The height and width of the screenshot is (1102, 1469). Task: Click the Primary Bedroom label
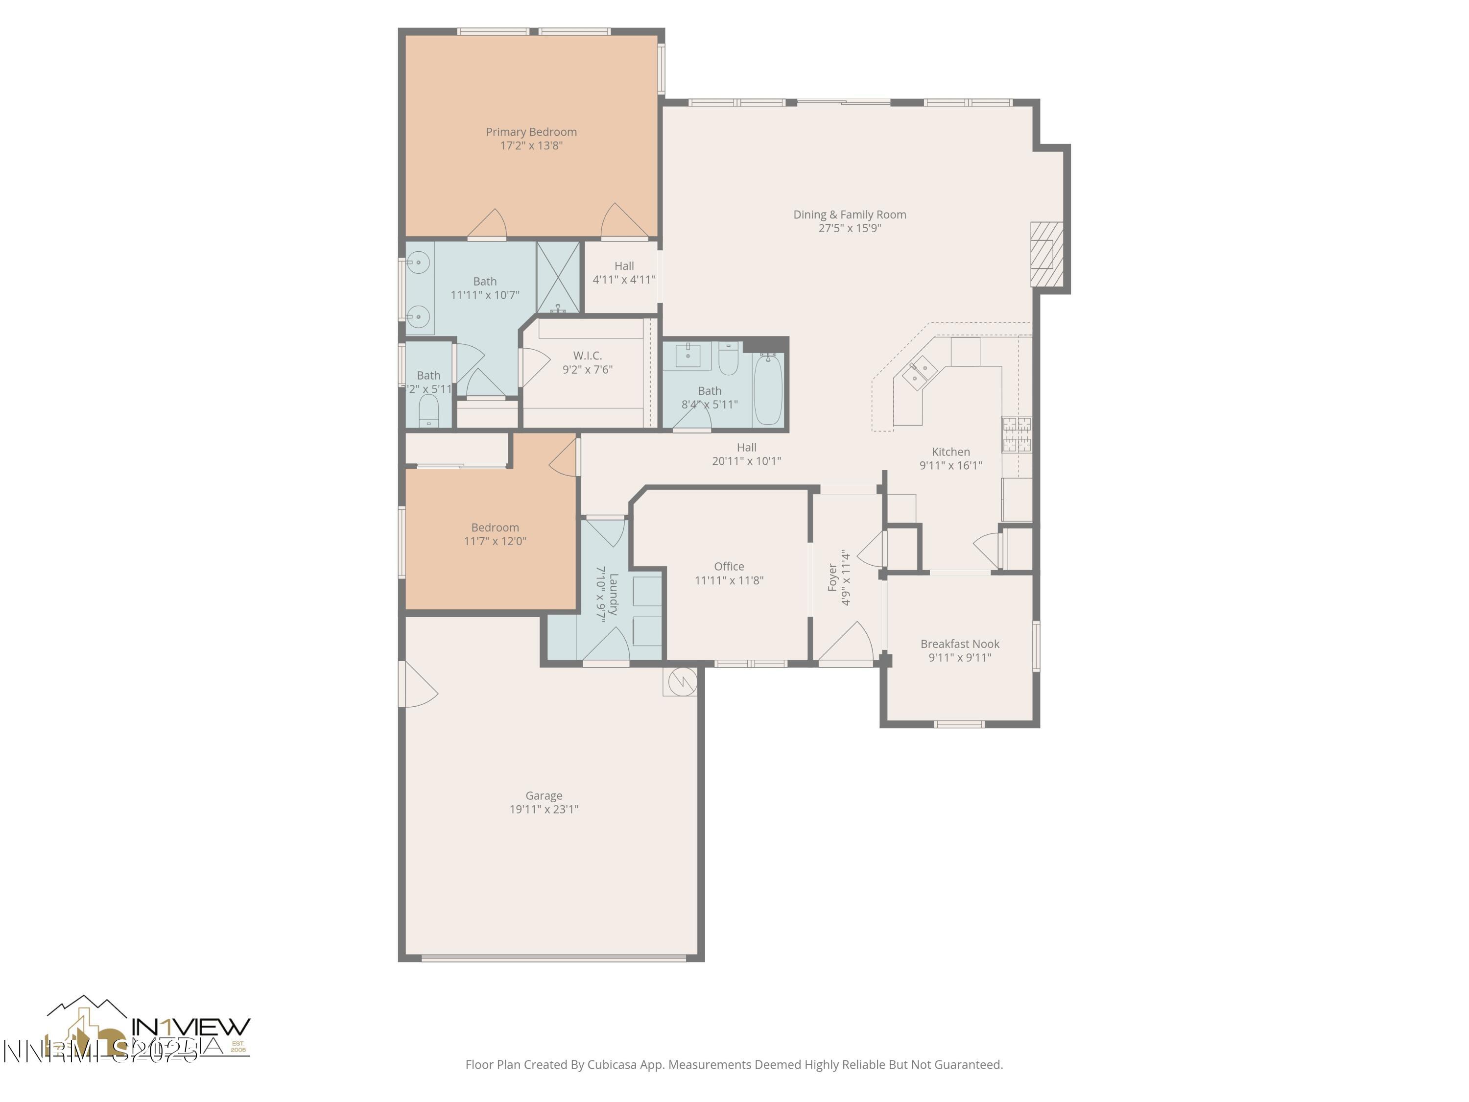pos(531,132)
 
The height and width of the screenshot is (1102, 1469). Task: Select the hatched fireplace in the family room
pos(1045,254)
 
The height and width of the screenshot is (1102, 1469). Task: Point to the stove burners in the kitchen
pos(1016,434)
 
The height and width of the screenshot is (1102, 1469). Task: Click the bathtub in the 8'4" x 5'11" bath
pos(768,390)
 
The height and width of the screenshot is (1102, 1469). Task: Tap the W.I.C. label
pos(587,356)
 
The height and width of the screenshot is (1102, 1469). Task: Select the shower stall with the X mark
pos(558,277)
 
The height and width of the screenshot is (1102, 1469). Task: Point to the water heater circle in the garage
pos(682,681)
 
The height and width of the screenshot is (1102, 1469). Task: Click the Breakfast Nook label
pos(960,644)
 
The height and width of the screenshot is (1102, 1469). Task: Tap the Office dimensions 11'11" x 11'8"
pos(729,580)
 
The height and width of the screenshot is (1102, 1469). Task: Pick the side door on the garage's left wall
pos(417,685)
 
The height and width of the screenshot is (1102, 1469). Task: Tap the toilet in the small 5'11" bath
pos(428,410)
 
